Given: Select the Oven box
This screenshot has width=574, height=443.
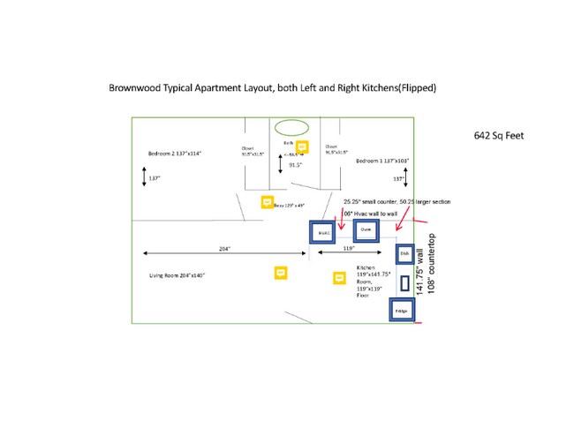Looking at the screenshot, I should pos(366,231).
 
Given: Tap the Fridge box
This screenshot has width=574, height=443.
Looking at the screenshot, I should pos(402,312).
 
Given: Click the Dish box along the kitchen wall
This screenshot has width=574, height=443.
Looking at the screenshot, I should pos(404,254).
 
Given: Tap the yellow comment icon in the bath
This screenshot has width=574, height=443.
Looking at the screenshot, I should pos(301,146).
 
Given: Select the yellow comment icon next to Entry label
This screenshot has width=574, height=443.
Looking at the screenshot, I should pos(267,203).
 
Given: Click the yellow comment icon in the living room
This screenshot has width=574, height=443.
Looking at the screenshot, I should pos(281,273).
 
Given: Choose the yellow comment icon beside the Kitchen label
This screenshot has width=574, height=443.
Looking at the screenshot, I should pos(338,278).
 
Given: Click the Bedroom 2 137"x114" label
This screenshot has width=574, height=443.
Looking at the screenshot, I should pos(175,154).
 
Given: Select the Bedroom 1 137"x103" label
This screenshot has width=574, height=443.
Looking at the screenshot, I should pos(381,162).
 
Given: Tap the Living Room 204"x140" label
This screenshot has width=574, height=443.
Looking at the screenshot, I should pos(177,276).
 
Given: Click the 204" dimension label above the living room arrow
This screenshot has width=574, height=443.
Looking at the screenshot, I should pos(225,250).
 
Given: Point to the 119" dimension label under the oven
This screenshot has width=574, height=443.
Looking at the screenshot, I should pos(348,250).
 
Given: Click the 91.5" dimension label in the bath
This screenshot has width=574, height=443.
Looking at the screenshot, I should pos(296,164).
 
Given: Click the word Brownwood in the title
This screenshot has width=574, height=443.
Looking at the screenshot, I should pos(134,88).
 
